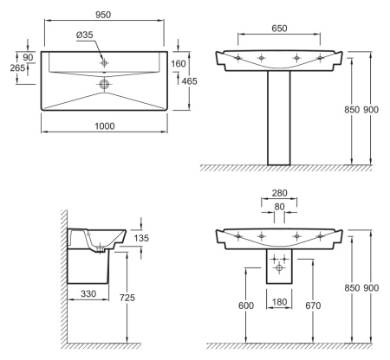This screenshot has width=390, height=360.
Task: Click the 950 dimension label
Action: pyautogui.click(x=103, y=15)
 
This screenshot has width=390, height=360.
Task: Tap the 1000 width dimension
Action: pyautogui.click(x=105, y=126)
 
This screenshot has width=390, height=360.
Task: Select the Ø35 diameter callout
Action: pyautogui.click(x=85, y=35)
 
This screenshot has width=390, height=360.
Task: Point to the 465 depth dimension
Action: pyautogui.click(x=190, y=81)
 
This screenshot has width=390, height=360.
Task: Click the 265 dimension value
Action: pyautogui.click(x=17, y=68)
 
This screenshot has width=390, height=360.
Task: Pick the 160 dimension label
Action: pyautogui.click(x=179, y=63)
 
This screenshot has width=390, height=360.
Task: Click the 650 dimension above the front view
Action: pyautogui.click(x=279, y=29)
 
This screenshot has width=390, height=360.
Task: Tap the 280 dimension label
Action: pyautogui.click(x=279, y=193)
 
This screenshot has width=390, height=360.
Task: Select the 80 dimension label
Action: pyautogui.click(x=279, y=207)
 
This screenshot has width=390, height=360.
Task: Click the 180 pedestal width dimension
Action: pyautogui.click(x=279, y=302)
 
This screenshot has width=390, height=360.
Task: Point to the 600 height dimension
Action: pyautogui.click(x=246, y=305)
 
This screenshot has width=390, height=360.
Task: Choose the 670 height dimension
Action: pyautogui.click(x=313, y=305)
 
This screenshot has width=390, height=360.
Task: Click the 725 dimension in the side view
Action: pyautogui.click(x=127, y=298)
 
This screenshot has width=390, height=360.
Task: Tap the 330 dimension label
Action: pyautogui.click(x=88, y=294)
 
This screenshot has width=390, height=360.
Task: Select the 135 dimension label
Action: pyautogui.click(x=141, y=238)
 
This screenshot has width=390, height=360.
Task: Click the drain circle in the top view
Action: pyautogui.click(x=104, y=84)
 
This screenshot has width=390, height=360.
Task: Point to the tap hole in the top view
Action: pyautogui.click(x=104, y=62)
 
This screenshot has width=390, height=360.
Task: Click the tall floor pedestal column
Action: pyautogui.click(x=279, y=118)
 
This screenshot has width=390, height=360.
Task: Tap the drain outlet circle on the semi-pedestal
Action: pyautogui.click(x=279, y=267)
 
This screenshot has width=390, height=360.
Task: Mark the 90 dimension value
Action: pyautogui.click(x=28, y=57)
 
